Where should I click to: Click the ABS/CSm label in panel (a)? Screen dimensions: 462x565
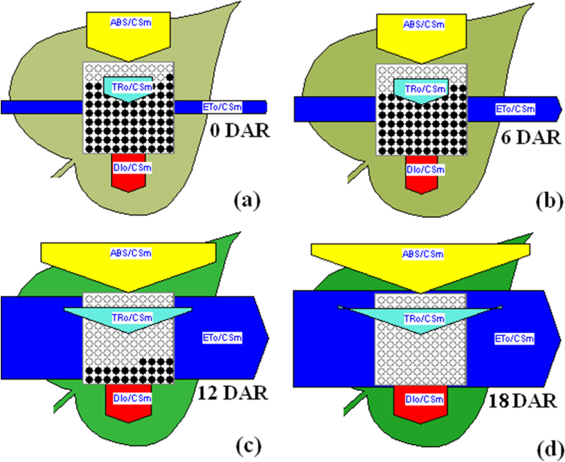coord(129,24)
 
